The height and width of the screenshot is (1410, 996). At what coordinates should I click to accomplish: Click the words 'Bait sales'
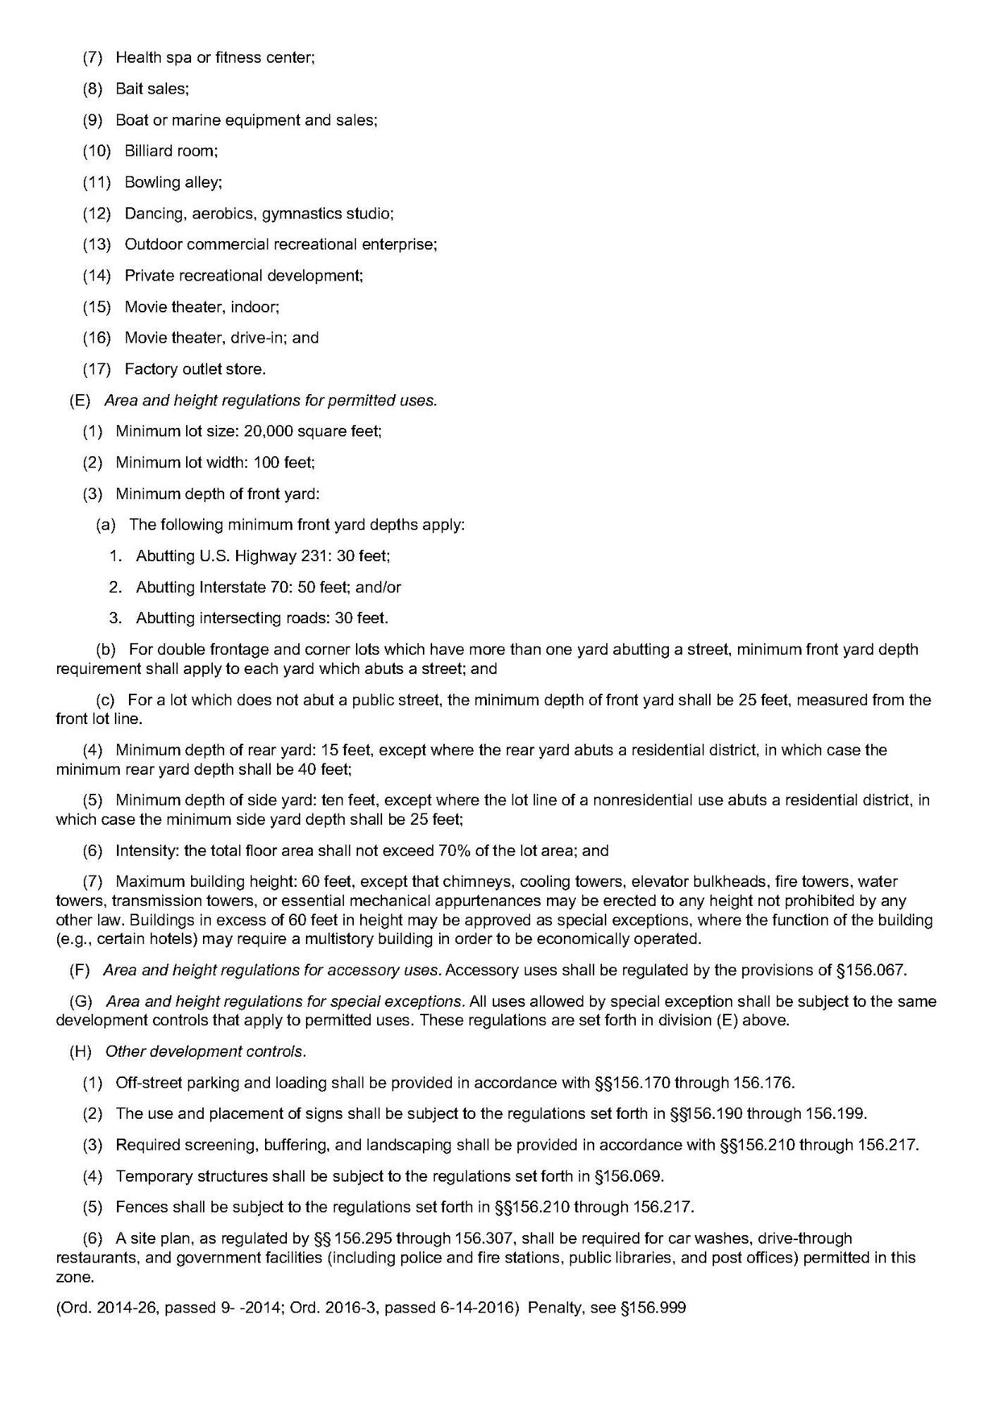(151, 89)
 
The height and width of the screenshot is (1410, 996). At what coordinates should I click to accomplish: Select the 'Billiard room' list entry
(170, 151)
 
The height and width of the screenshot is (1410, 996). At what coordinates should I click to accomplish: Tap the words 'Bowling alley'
(172, 182)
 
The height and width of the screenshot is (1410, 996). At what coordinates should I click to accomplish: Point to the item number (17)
(97, 369)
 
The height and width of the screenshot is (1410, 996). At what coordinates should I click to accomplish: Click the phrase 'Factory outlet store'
(194, 369)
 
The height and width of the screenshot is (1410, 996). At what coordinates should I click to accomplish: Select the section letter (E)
(80, 400)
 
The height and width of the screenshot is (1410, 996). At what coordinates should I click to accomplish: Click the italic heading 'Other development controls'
(205, 1051)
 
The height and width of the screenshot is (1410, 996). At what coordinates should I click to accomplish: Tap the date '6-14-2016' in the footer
(479, 1308)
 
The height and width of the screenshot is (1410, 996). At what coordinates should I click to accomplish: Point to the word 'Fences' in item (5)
(137, 1207)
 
